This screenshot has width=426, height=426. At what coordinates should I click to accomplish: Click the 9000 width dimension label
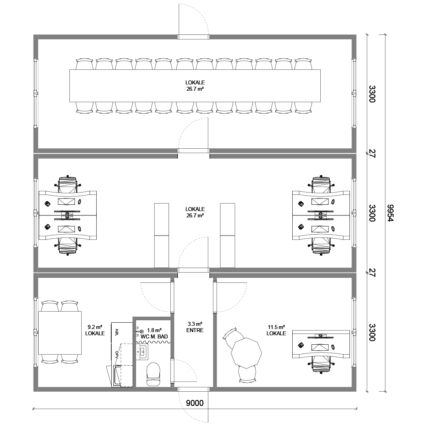[194, 403]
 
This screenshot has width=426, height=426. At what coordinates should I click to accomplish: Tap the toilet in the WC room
[153, 374]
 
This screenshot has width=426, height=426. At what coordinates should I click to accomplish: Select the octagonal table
[246, 353]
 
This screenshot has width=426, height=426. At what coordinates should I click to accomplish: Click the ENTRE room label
[195, 331]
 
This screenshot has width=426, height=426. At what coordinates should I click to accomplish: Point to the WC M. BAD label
[154, 336]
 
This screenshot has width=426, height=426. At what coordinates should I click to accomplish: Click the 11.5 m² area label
[276, 327]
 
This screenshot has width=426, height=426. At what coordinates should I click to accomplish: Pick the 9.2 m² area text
[95, 327]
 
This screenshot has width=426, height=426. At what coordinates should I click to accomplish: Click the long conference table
[195, 86]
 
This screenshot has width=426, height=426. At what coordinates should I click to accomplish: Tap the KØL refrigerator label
[117, 332]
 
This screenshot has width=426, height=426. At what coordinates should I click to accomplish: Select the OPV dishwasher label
[117, 354]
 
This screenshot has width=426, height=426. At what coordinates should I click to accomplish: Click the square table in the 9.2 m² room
[60, 333]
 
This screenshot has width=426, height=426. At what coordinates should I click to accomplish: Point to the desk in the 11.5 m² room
[321, 344]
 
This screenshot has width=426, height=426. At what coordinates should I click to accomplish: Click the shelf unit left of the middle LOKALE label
[162, 235]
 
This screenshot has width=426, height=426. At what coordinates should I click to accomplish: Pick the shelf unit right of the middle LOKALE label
[228, 235]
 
